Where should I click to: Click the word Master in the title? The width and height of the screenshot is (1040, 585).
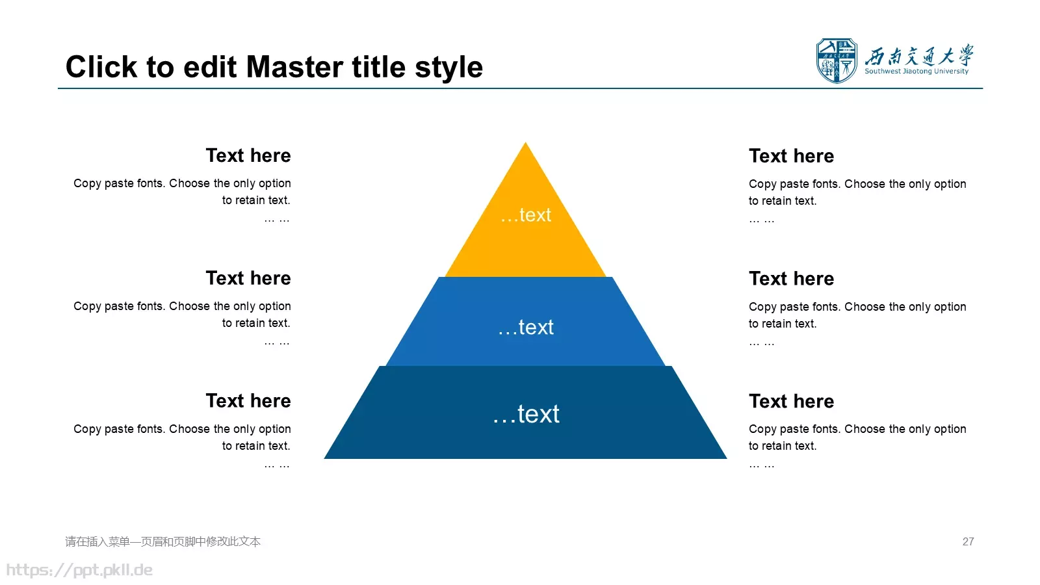pos(295,68)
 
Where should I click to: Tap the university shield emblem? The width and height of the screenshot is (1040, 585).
pos(837,61)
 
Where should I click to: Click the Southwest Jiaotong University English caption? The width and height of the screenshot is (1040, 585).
pos(916,71)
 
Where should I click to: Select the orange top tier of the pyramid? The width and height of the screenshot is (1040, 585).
pos(526,223)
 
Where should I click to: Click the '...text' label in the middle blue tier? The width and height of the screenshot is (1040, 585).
pos(526,328)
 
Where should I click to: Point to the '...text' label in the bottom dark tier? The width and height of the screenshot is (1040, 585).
pos(526,413)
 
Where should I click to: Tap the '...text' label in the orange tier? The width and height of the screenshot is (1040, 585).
pos(526,215)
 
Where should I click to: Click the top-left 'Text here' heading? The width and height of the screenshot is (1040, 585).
pos(248,155)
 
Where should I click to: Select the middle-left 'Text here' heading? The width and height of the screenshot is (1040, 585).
pos(248,278)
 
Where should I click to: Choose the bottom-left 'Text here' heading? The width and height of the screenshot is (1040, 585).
pos(248,400)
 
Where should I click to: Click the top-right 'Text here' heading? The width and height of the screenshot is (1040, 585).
pos(792,156)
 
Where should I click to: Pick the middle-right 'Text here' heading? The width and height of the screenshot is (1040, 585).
pos(792,279)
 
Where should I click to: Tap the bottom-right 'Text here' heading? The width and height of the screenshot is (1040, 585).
pos(792,401)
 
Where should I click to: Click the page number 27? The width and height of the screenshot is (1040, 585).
pos(968,542)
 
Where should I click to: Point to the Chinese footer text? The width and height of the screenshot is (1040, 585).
pos(163,542)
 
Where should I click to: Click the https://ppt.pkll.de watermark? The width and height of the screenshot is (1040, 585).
pos(79,570)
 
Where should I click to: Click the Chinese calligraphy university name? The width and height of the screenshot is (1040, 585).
pos(919,56)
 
